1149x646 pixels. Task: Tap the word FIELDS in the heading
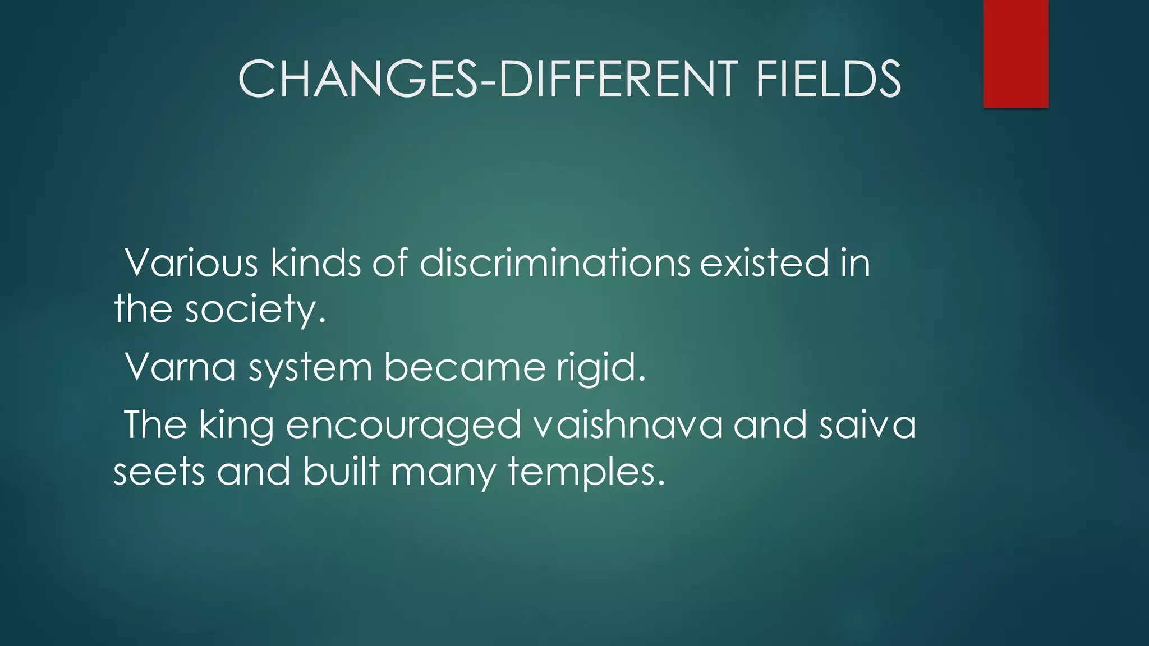[x=828, y=79]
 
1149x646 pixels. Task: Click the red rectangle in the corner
[x=1015, y=53]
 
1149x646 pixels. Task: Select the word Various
[x=191, y=262]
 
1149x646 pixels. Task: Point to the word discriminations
[x=554, y=262]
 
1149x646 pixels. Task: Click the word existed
[x=764, y=262]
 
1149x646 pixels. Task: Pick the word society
[x=255, y=310]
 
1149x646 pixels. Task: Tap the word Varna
[x=180, y=367]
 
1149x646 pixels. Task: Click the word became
[x=465, y=367]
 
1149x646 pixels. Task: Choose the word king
[x=236, y=426]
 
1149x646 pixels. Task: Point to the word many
[x=443, y=473]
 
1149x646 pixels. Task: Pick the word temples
[x=586, y=473]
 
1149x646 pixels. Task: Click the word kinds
[x=316, y=262]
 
